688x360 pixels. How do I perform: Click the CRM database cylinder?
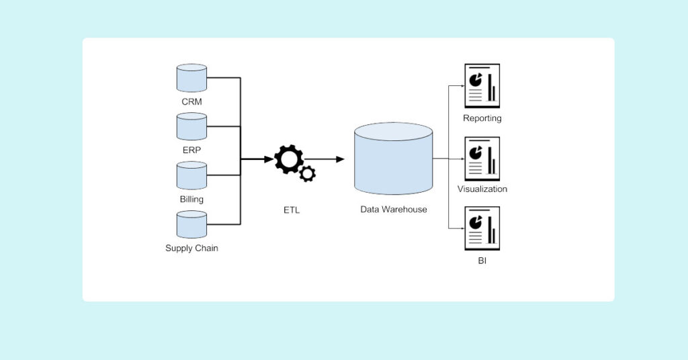(x=191, y=78)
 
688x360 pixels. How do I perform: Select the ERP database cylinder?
(x=191, y=126)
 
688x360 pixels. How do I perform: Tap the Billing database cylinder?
(x=191, y=175)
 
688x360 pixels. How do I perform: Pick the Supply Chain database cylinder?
(x=191, y=224)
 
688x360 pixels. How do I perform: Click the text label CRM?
(x=191, y=102)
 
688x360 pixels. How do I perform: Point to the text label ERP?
(x=191, y=150)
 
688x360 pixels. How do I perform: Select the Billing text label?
(x=191, y=199)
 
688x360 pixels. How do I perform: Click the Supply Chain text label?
(x=191, y=249)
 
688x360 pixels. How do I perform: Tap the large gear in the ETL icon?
(x=289, y=159)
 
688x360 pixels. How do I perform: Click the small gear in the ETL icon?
(x=308, y=174)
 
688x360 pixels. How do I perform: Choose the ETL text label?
(x=292, y=210)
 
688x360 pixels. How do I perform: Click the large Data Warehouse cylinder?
(x=393, y=160)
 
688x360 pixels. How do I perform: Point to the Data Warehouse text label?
(x=393, y=210)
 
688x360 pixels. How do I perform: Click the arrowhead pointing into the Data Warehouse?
(x=340, y=159)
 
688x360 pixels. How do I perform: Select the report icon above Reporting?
(x=482, y=86)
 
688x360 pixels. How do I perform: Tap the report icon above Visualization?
(x=482, y=159)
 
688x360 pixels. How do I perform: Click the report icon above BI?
(x=482, y=229)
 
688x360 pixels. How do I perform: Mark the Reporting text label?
(x=482, y=119)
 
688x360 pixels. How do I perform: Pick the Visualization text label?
(x=482, y=189)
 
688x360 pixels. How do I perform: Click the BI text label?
(x=482, y=260)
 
